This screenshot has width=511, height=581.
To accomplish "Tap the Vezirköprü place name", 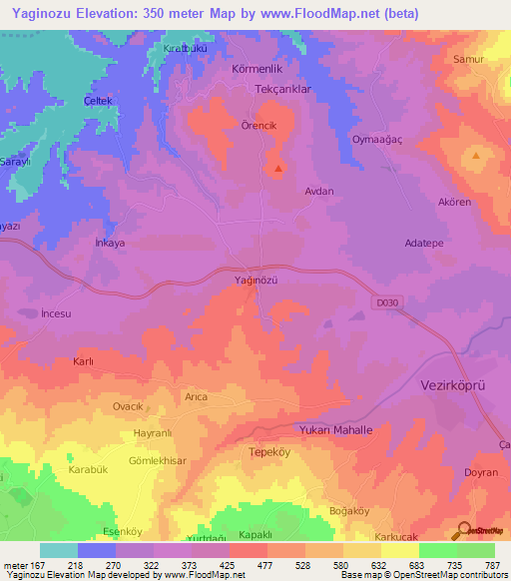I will coord(451,385).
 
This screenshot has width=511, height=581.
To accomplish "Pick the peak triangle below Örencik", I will coord(276,169).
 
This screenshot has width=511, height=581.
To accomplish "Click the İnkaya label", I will coord(109,243).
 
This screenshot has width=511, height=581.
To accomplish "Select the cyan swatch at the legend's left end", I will coord(58,550).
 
